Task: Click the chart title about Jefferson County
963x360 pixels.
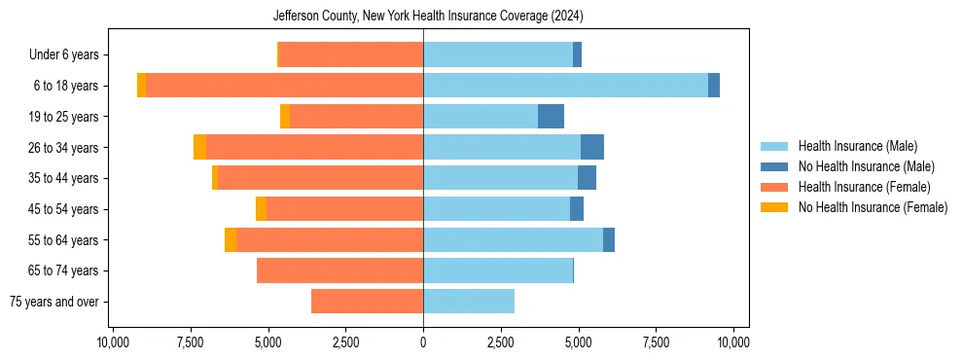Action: (422, 17)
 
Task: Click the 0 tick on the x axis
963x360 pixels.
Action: (423, 342)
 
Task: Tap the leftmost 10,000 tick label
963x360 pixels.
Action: (113, 342)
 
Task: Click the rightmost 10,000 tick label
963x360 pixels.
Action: (732, 342)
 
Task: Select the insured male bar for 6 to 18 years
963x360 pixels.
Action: (565, 86)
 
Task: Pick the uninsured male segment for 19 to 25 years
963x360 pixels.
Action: (551, 117)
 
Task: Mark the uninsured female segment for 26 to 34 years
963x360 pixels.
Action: (199, 147)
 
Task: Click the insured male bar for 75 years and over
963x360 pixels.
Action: (469, 302)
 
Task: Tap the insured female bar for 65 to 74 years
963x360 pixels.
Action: (339, 270)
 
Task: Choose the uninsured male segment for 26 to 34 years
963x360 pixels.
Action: (592, 147)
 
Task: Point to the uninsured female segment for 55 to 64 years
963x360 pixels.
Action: (231, 239)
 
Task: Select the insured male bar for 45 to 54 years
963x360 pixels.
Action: (496, 209)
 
